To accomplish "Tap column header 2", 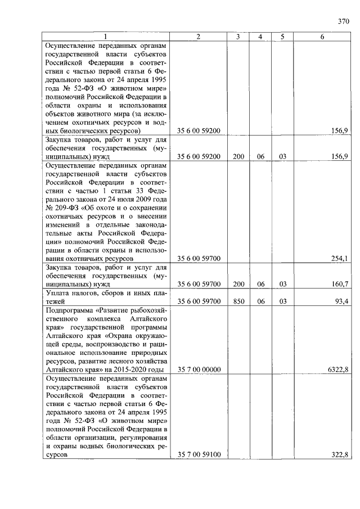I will pyautogui.click(x=199, y=37).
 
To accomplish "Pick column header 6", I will pyautogui.click(x=322, y=37).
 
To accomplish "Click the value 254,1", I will pyautogui.click(x=340, y=258).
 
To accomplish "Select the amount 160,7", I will pyautogui.click(x=340, y=284).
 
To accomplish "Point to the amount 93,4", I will pyautogui.click(x=341, y=301).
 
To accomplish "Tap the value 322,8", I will pyautogui.click(x=340, y=454).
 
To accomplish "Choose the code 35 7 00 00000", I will pyautogui.click(x=199, y=370).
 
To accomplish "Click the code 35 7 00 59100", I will pyautogui.click(x=199, y=454).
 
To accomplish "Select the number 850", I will pyautogui.click(x=238, y=301).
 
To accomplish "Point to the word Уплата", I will pyautogui.click(x=60, y=293).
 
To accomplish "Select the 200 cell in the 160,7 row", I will pyautogui.click(x=238, y=284).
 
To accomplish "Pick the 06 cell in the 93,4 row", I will pyautogui.click(x=260, y=301).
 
